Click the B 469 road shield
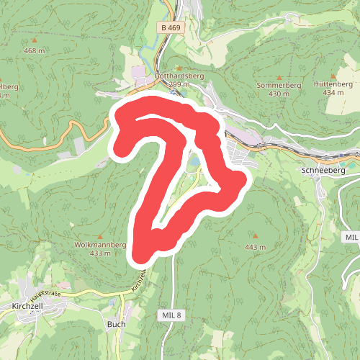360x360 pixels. pos(170,27)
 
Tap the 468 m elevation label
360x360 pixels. pos(34,50)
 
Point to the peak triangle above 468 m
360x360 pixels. pos(34,41)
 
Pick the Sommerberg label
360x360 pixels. pos(279,85)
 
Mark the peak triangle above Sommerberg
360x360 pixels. pos(279,76)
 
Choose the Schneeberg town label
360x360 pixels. pos(323,171)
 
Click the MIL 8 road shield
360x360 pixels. pos(171,315)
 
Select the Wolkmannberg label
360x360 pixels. pos(101,245)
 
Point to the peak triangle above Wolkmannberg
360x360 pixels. pos(101,236)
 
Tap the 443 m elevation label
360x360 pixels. pos(256,247)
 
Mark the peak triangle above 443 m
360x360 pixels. pos(256,236)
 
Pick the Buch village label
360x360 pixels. pos(116,324)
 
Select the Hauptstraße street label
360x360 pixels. pos(47,294)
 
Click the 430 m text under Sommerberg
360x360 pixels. pos(279,94)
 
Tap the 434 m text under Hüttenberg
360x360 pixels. pos(333,93)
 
